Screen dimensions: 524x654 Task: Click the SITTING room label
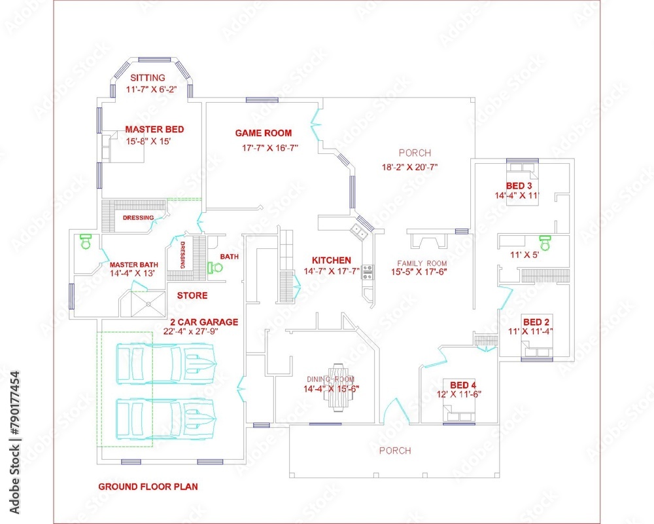click(x=147, y=78)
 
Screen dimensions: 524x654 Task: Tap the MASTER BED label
click(x=154, y=130)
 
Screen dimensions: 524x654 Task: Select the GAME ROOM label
click(x=264, y=133)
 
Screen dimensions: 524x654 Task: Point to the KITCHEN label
click(x=331, y=260)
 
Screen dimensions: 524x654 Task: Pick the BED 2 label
click(x=535, y=322)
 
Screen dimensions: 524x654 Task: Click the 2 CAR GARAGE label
click(x=204, y=322)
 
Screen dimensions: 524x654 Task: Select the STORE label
click(x=192, y=295)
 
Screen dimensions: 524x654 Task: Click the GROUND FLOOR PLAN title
click(x=148, y=487)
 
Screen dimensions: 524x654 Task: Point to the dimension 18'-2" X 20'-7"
click(x=409, y=166)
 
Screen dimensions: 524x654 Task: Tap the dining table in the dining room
click(x=337, y=387)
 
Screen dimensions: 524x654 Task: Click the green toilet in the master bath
click(x=84, y=242)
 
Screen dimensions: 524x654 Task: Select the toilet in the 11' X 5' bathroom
click(x=544, y=240)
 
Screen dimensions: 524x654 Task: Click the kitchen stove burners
click(x=367, y=272)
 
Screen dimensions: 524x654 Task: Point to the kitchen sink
click(x=358, y=231)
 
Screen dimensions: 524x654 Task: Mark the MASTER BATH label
click(x=133, y=265)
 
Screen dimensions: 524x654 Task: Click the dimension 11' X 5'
click(x=525, y=255)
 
